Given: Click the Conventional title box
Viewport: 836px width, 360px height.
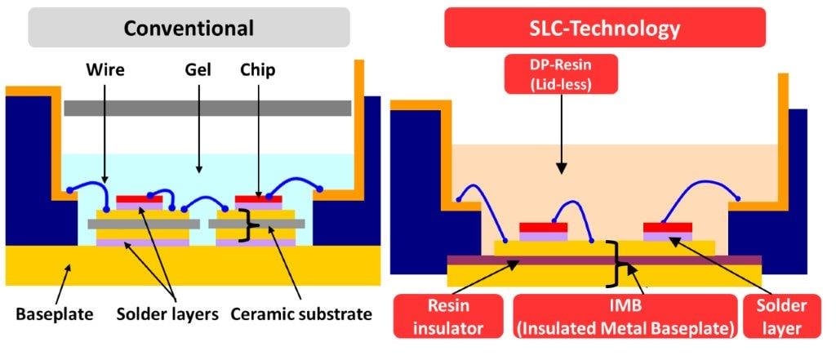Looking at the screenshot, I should click(x=189, y=27).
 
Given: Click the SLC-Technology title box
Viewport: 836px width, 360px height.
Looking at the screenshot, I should click(x=604, y=28).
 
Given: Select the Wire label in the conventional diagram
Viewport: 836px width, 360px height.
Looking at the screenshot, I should click(x=104, y=70).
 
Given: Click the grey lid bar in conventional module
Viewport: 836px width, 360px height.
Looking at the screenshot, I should click(x=207, y=108).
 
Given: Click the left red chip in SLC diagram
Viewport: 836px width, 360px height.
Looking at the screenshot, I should click(x=543, y=227).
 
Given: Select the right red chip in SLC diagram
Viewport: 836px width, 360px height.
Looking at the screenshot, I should click(x=668, y=227).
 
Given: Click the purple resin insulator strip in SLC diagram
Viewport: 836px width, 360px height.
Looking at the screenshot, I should click(x=604, y=260).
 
